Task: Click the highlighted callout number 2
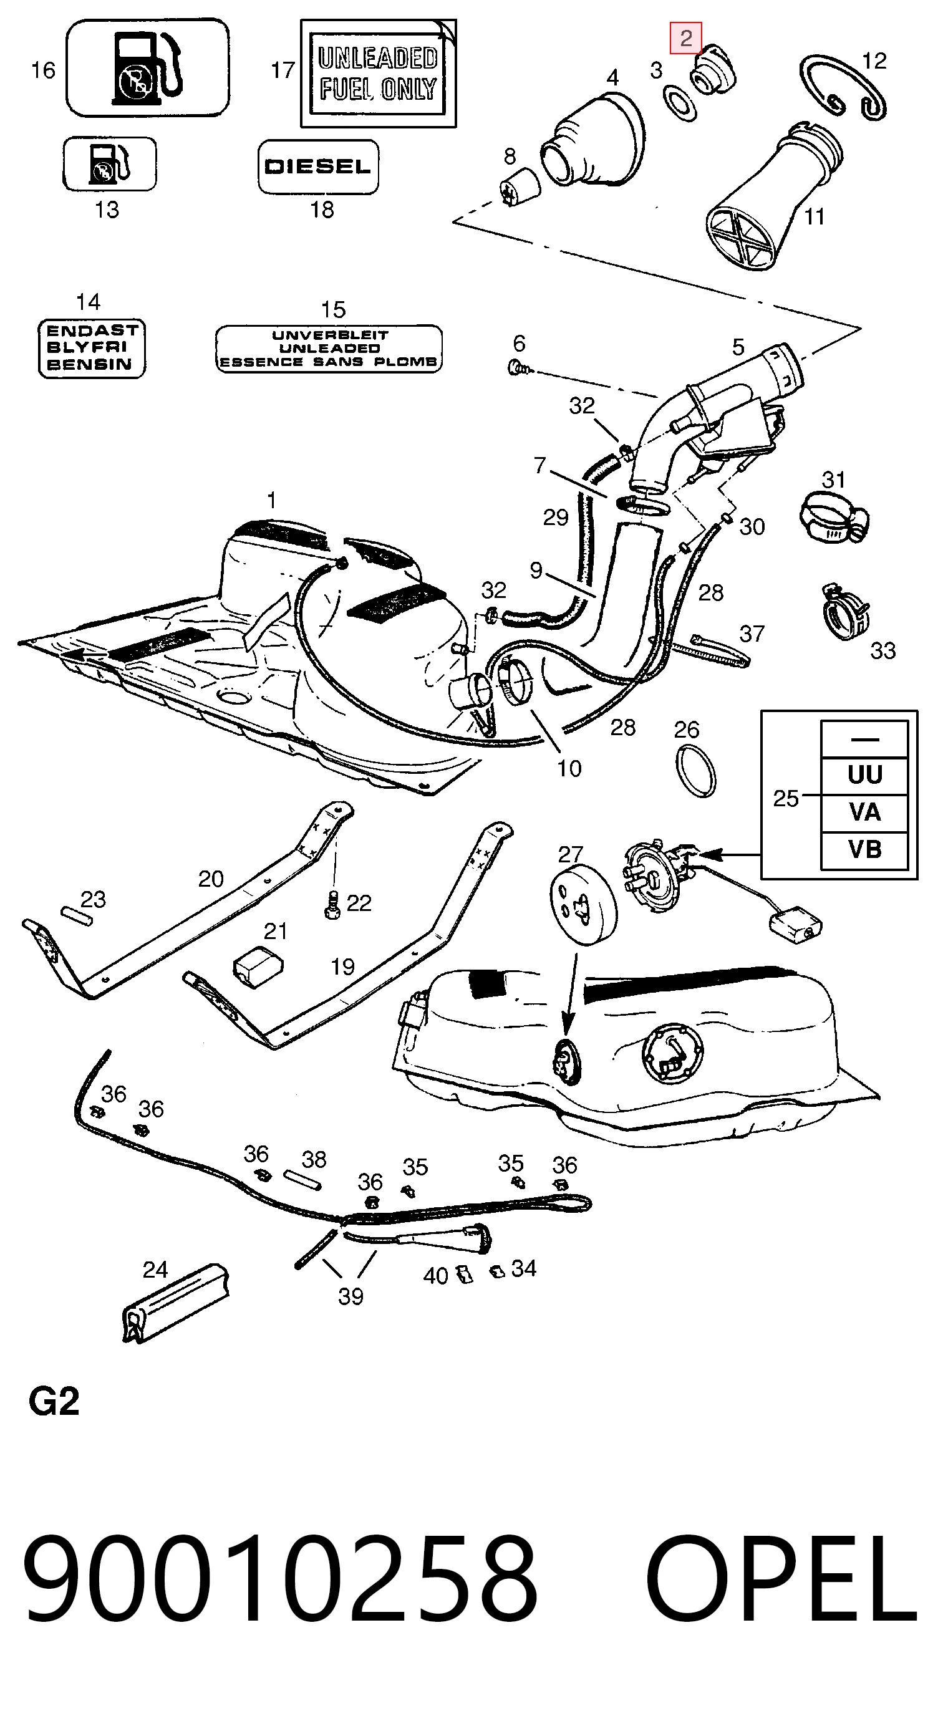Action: point(685,38)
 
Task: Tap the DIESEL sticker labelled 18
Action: point(318,166)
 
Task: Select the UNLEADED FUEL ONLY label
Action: point(378,74)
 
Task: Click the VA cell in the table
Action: point(864,812)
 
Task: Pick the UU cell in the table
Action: point(864,776)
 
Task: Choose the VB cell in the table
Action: point(864,850)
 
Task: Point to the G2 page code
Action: point(54,1402)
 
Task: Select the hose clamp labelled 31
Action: point(834,515)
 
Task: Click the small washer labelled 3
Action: point(679,103)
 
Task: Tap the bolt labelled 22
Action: point(331,905)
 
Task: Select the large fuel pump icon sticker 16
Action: point(148,67)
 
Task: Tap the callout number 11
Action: point(814,216)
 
